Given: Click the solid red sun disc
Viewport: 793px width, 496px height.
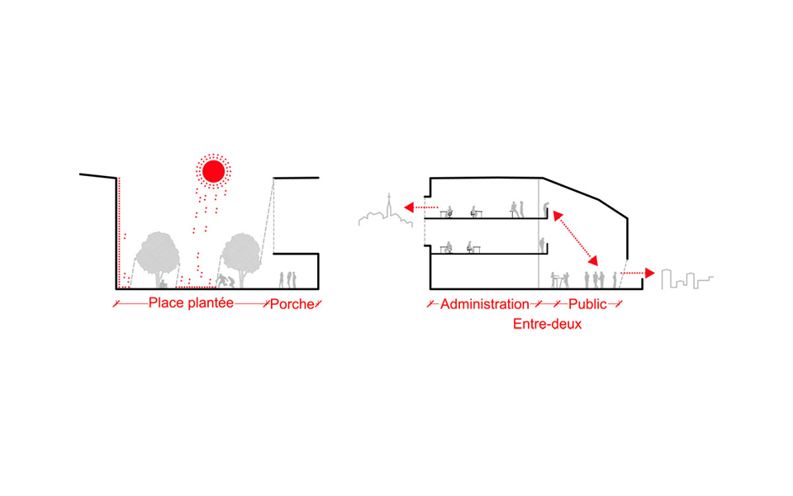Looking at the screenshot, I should click(213, 171).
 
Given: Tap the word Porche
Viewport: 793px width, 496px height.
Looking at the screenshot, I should click(292, 304).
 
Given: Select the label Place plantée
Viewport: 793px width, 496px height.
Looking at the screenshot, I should click(191, 303).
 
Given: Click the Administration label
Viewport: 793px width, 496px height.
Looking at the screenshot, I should click(484, 304).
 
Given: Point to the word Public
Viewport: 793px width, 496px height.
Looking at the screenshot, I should click(587, 304).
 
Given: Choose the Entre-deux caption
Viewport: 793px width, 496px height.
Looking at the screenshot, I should click(547, 324).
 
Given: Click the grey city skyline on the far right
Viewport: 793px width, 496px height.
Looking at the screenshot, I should click(688, 279).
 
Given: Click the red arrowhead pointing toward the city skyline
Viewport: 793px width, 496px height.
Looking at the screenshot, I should click(650, 273).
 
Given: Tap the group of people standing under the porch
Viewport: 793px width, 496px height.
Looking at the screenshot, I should click(286, 279).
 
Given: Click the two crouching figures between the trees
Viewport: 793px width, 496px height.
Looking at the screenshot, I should click(224, 281).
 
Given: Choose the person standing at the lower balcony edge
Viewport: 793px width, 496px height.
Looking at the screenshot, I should click(542, 245).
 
